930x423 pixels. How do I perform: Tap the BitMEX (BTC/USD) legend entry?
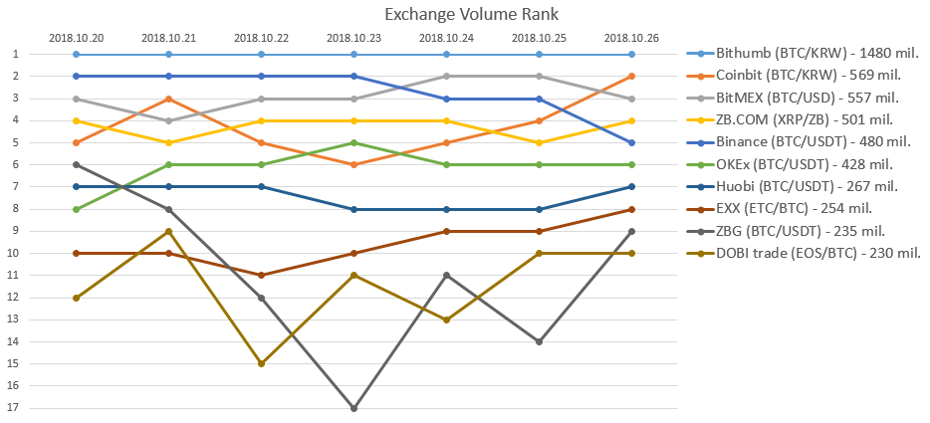tap(793, 98)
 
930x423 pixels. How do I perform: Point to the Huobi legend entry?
tap(792, 186)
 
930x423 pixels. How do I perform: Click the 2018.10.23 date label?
tap(353, 38)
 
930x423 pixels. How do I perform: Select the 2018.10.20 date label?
tap(77, 38)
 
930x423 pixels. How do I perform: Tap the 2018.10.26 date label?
tap(631, 38)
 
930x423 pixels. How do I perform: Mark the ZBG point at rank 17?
tap(353, 408)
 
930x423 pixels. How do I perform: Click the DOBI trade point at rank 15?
tap(261, 363)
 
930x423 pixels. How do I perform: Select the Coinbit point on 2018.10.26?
tap(631, 77)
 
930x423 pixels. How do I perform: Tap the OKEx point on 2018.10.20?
tap(77, 209)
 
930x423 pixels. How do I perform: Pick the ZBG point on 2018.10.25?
tap(539, 341)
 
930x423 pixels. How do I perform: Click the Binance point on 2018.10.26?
tap(631, 142)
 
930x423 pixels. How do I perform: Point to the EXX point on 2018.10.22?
tap(261, 275)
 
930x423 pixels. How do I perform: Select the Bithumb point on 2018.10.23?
tap(353, 54)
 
